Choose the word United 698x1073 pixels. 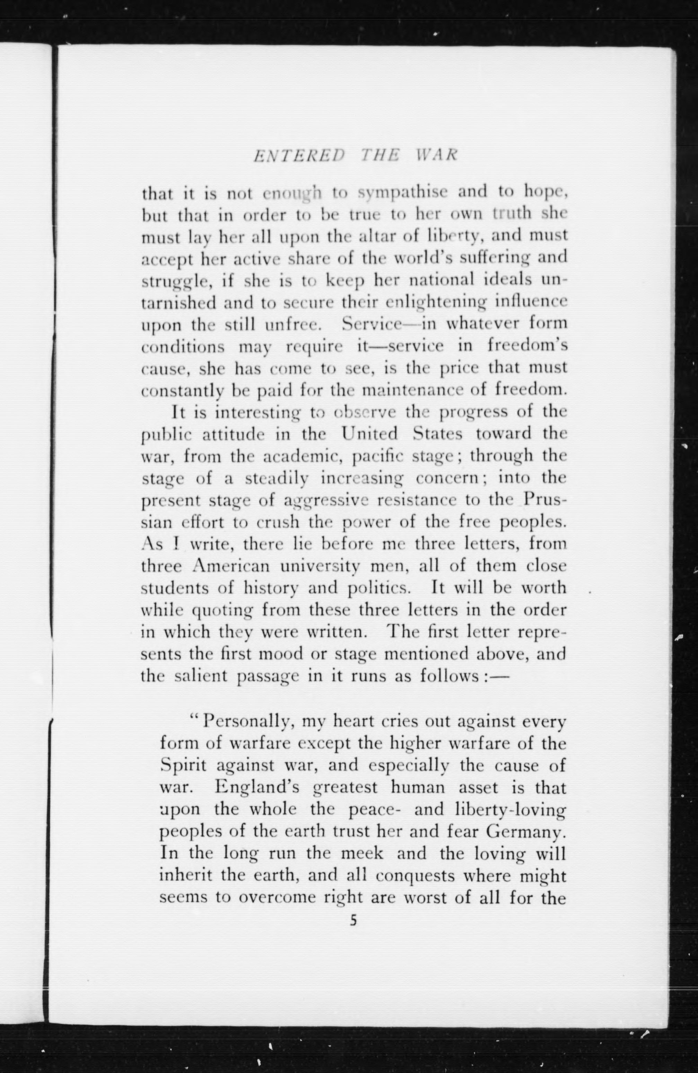369,434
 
